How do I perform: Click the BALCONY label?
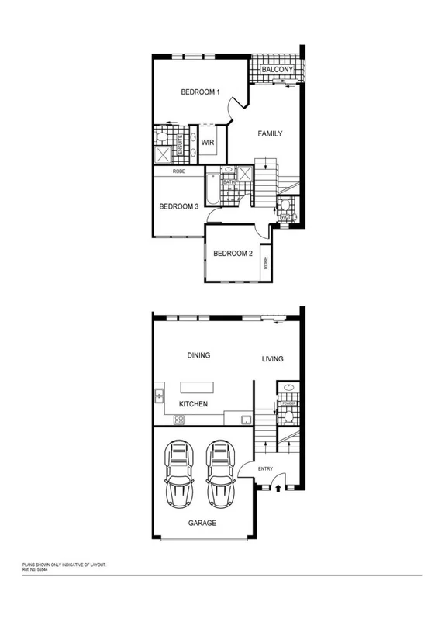click(276, 70)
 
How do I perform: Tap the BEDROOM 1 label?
click(201, 92)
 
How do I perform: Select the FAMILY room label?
click(270, 133)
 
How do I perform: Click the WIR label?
click(208, 143)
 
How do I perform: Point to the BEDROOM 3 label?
click(179, 206)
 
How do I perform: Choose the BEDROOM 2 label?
click(233, 254)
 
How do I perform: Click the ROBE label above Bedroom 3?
click(178, 170)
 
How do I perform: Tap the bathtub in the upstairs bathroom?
click(210, 186)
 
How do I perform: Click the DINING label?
click(199, 355)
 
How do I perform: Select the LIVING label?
click(272, 358)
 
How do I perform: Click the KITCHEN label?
click(194, 405)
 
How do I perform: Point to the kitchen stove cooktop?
click(178, 420)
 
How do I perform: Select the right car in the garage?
click(219, 472)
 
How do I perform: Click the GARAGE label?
click(202, 523)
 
